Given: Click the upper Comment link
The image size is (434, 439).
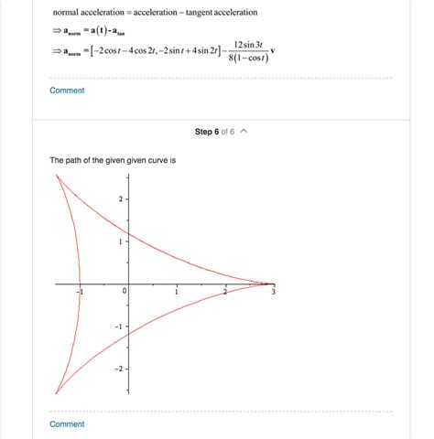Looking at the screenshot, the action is [x=67, y=91].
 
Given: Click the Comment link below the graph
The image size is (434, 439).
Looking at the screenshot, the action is [x=67, y=424].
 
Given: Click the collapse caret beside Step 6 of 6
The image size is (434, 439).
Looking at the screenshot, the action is [x=244, y=132].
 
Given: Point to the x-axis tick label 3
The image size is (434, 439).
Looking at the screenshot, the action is [x=273, y=292].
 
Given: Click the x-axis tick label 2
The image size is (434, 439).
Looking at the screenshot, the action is [x=224, y=292].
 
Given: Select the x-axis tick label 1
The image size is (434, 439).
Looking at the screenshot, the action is [x=175, y=292].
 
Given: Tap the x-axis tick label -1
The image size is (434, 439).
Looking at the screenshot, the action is [x=80, y=292].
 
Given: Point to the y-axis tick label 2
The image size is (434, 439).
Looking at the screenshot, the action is [x=119, y=198].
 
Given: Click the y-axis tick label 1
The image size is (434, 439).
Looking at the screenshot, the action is [x=119, y=241].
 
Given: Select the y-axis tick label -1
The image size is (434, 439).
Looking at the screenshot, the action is [x=117, y=327].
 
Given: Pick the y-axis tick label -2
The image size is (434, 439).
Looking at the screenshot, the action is [x=117, y=369].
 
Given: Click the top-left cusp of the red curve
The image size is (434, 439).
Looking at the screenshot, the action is [x=57, y=174].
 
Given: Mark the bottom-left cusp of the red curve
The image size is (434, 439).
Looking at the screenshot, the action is [x=56, y=394].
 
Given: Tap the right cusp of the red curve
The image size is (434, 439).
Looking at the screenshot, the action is [x=274, y=284].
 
